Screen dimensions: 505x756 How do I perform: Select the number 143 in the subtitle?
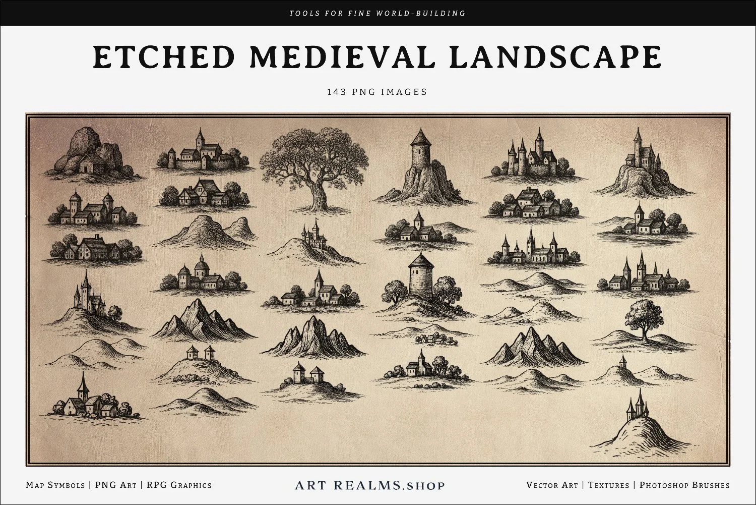pos(336,92)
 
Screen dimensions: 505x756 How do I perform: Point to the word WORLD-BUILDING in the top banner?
pos(421,13)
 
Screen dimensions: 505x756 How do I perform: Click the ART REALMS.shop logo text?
pos(370,485)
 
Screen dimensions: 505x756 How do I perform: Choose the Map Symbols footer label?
pos(55,485)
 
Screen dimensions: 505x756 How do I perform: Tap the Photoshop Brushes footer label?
pos(684,485)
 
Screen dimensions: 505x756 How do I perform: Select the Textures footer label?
pos(608,485)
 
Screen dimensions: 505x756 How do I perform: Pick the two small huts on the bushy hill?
pos(201,353)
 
